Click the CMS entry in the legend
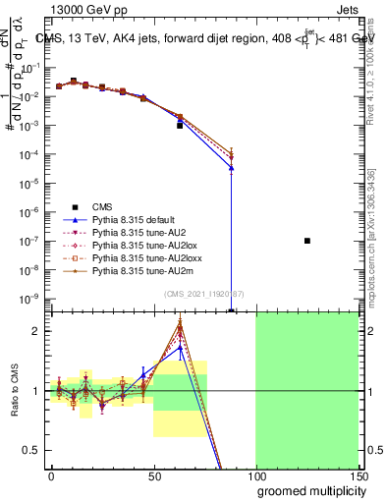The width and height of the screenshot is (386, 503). (102, 206)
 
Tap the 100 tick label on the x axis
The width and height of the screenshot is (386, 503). (255, 475)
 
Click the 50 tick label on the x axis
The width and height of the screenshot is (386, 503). (153, 475)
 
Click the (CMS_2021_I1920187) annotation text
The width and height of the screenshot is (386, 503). (204, 293)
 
